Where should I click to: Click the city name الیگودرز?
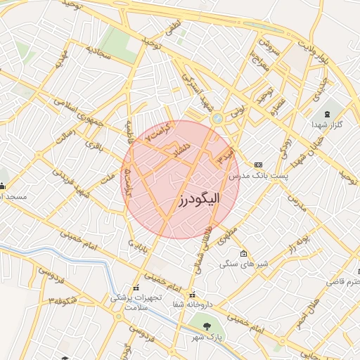coord(198,200)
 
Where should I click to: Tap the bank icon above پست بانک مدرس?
coord(259,164)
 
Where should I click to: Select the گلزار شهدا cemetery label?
coord(327,124)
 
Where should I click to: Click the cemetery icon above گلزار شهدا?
coord(327,114)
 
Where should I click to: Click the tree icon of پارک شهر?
coord(207,326)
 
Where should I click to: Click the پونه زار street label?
coord(298,245)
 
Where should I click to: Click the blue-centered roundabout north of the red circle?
coord(218,119)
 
